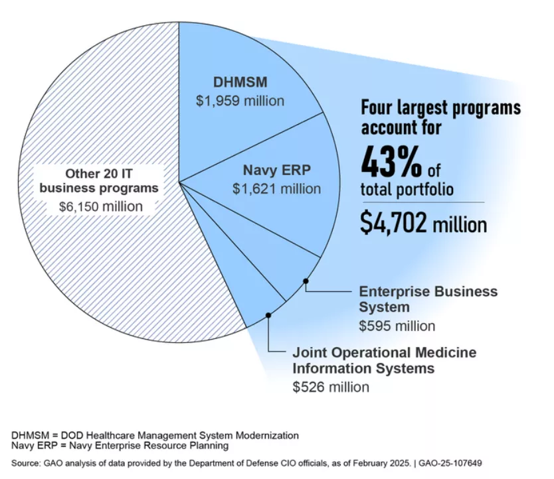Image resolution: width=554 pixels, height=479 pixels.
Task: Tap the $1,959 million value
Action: tap(240, 102)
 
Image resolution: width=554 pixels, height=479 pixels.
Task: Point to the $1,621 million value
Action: tap(276, 189)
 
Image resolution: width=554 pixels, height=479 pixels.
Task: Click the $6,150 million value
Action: tap(100, 206)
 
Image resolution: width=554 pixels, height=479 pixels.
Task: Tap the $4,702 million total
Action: tap(423, 224)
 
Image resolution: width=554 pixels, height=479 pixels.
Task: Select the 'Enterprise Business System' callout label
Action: tap(428, 299)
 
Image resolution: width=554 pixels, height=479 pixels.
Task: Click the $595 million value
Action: tap(397, 326)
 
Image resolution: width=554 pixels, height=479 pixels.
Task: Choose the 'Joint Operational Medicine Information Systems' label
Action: tap(384, 360)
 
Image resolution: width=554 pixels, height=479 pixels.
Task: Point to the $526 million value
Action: tap(331, 387)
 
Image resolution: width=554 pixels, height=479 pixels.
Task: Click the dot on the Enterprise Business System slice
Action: tap(306, 281)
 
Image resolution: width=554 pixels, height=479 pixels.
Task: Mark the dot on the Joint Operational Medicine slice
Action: tap(268, 314)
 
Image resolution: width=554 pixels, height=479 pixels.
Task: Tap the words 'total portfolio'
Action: tap(407, 190)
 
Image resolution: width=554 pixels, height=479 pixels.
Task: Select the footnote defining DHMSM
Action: tap(155, 435)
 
